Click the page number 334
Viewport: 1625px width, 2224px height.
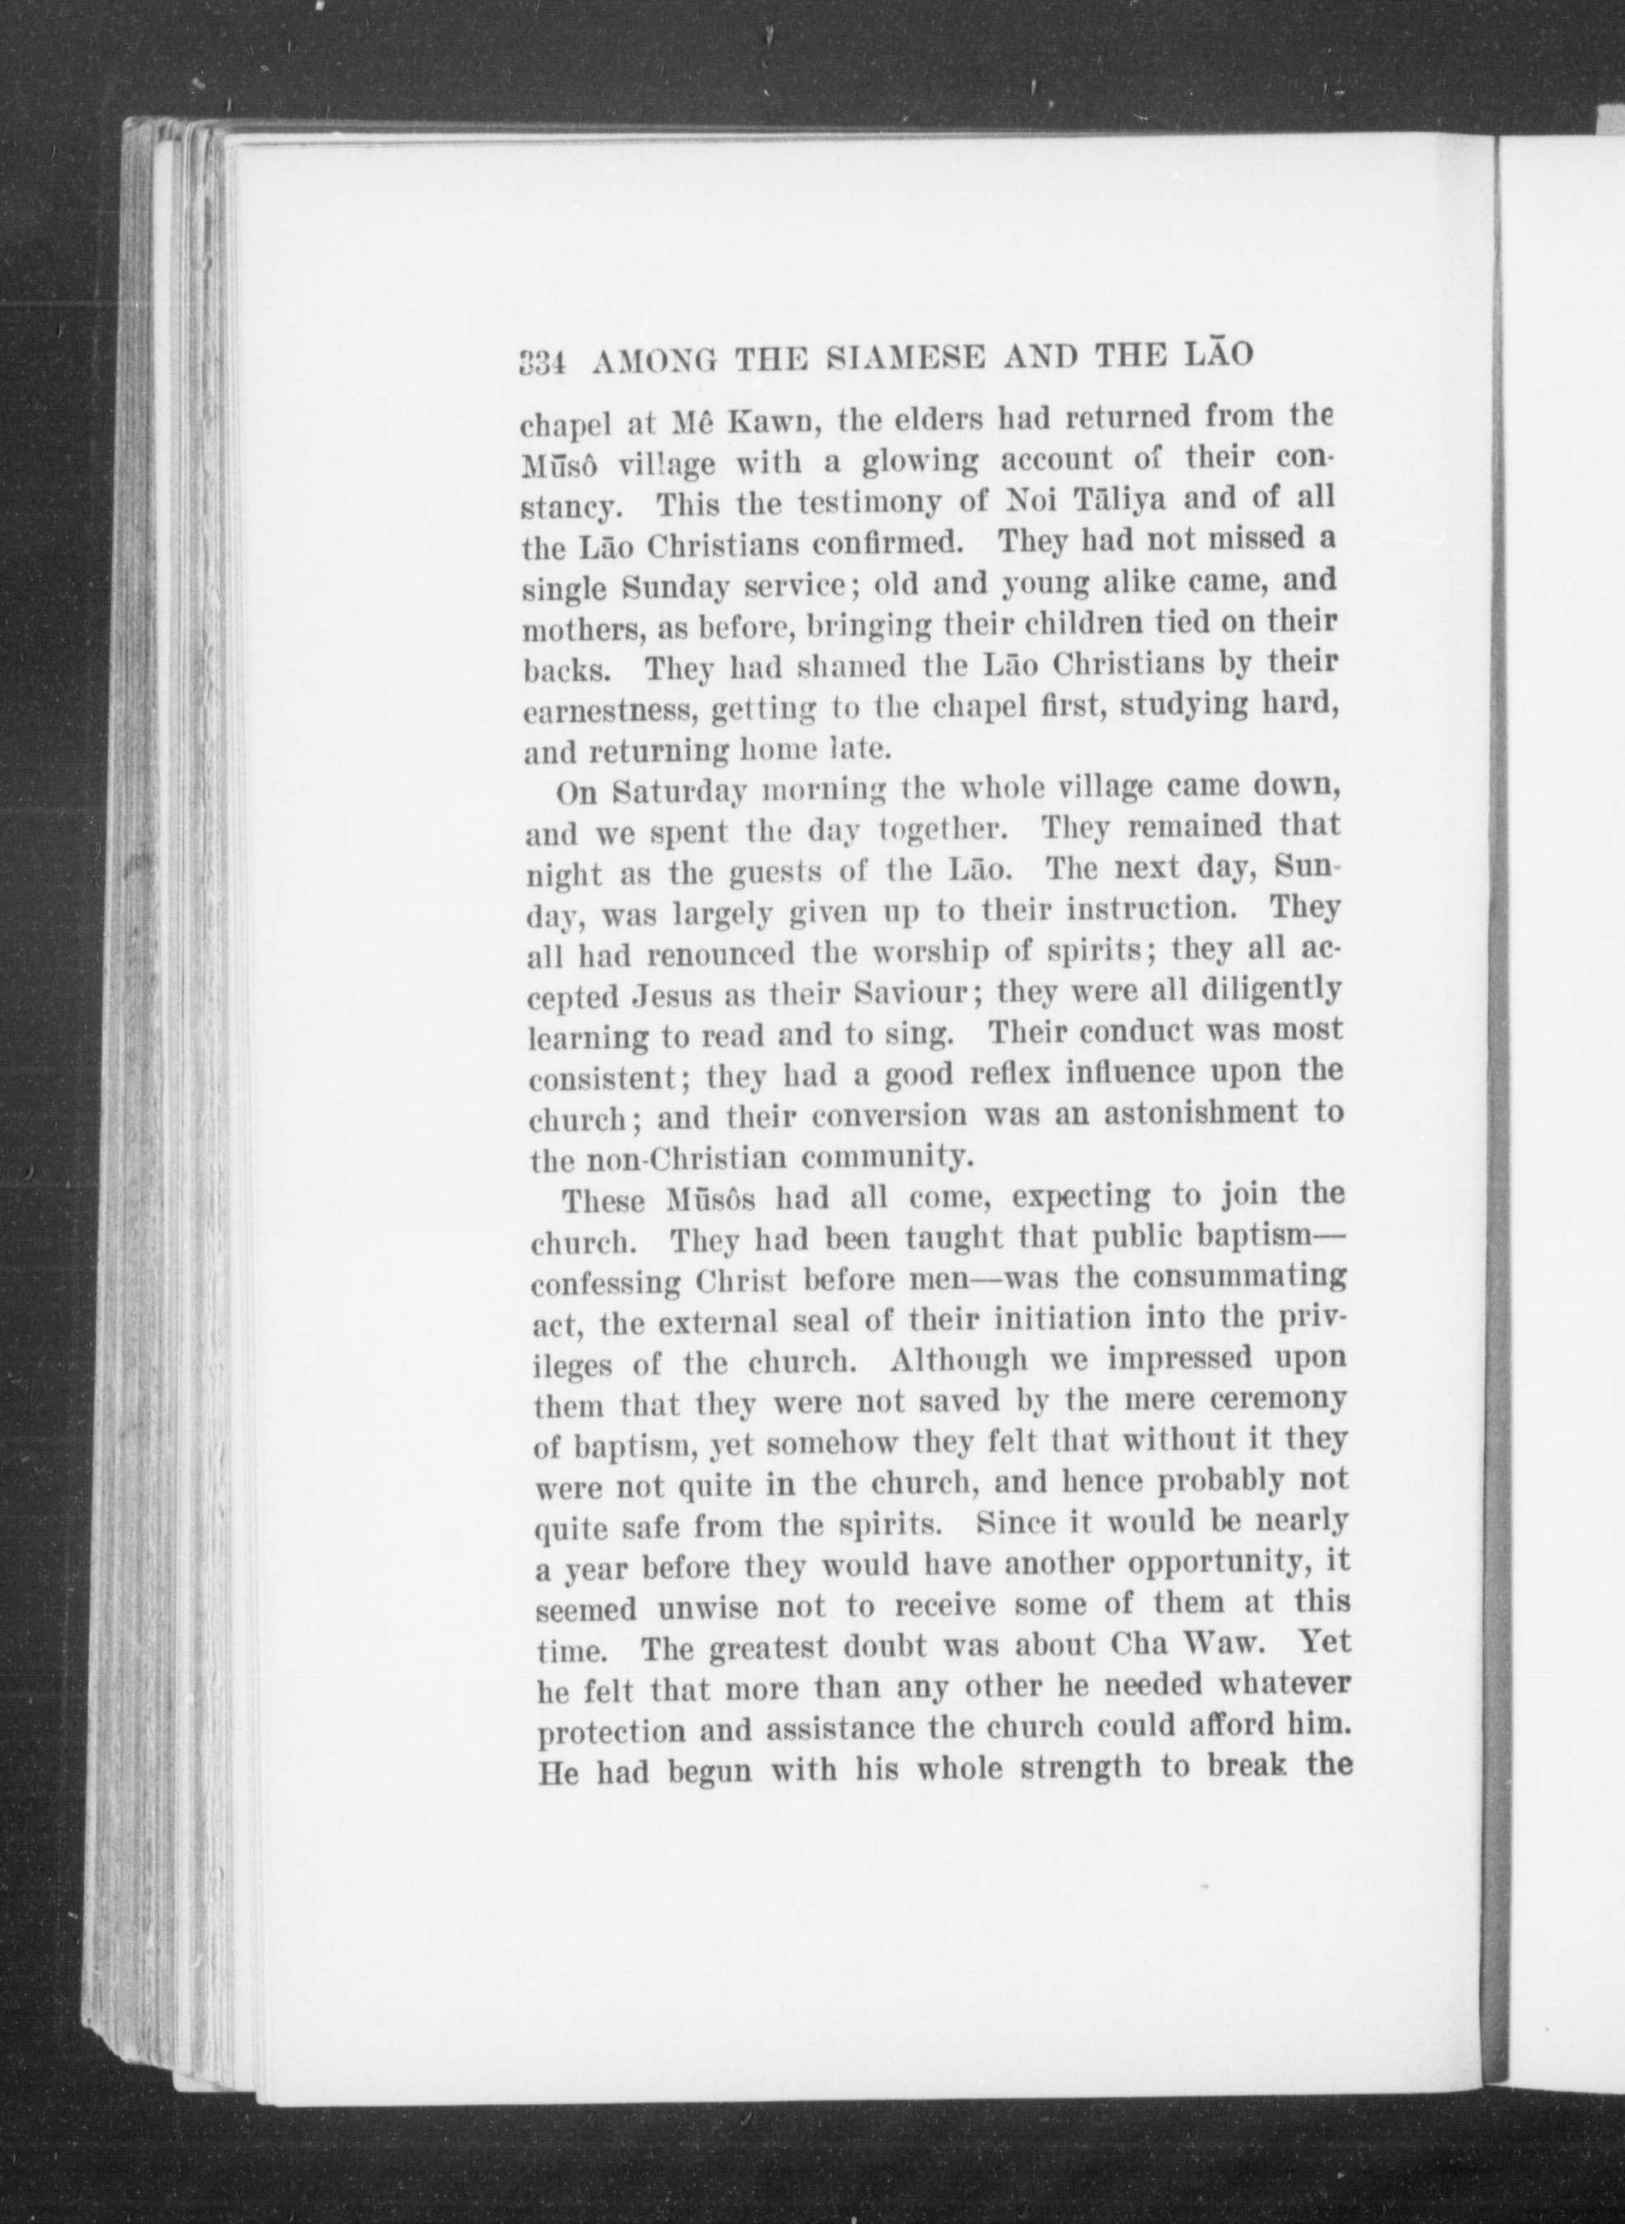tap(540, 362)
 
